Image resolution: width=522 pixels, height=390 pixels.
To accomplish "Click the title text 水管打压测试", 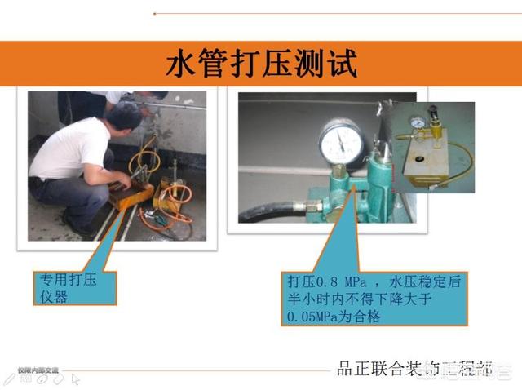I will (261, 64).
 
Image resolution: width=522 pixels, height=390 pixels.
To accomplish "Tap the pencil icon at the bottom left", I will (11, 379).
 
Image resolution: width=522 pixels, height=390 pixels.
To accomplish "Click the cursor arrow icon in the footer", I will (75, 379).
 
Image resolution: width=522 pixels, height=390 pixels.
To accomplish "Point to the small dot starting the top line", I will (155, 13).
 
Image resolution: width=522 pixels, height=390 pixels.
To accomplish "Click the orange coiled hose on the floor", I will (177, 196).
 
